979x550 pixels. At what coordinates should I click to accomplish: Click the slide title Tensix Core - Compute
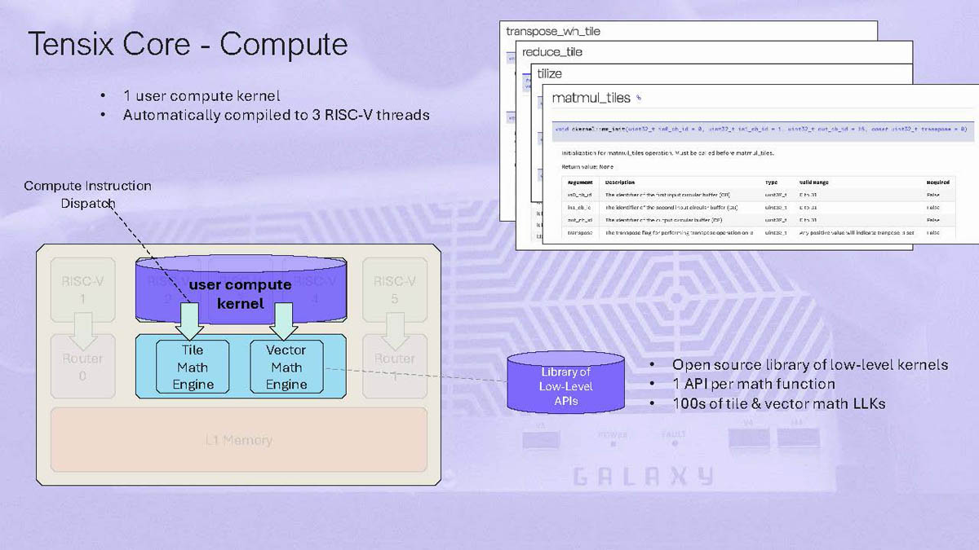tap(188, 45)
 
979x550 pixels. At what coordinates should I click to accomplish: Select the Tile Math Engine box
tap(193, 367)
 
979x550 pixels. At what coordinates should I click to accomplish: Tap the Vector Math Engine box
tap(286, 367)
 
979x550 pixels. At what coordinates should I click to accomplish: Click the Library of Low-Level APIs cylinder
tap(565, 385)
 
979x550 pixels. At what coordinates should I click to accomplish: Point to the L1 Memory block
tap(239, 441)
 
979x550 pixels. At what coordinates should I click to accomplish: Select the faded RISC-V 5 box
tap(395, 290)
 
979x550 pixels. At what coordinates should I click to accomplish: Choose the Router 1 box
tap(395, 367)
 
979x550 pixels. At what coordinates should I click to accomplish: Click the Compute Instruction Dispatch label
tap(87, 194)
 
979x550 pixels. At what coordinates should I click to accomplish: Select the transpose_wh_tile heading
tap(553, 32)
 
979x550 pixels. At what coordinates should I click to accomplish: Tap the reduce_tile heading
tap(552, 52)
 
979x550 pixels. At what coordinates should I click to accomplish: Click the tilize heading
tap(549, 74)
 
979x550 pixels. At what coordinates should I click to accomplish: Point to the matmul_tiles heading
tap(591, 98)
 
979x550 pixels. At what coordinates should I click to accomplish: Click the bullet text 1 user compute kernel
tap(201, 95)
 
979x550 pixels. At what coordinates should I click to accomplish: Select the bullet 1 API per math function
tap(753, 384)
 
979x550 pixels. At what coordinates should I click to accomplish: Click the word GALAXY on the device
tap(642, 477)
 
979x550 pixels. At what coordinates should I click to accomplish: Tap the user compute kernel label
tap(240, 293)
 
